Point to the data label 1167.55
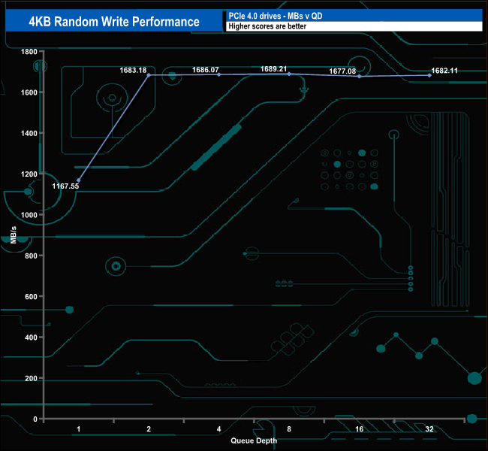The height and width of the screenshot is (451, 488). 66,185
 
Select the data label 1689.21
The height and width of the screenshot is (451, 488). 274,68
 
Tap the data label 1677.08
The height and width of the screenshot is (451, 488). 342,71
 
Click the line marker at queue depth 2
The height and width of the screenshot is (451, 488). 149,75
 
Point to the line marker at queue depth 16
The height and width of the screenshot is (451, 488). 360,77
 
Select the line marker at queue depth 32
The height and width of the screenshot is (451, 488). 429,75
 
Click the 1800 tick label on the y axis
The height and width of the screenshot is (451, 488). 29,52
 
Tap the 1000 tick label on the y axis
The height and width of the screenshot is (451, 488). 29,215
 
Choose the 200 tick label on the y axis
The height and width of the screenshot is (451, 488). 31,378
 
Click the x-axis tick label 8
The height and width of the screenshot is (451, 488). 289,429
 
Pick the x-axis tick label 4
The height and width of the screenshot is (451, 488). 218,429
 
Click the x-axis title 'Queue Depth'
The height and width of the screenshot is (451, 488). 254,440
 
